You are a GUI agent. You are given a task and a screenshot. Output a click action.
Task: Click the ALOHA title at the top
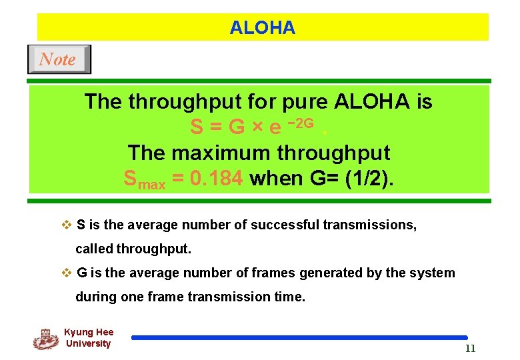click(262, 28)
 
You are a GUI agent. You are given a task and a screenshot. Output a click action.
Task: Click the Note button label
click(58, 59)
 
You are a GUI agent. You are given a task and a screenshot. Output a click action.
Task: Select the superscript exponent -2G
click(300, 123)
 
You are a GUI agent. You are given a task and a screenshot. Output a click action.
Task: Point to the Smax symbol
click(145, 179)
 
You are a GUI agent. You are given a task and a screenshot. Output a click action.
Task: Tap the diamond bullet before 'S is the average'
click(66, 225)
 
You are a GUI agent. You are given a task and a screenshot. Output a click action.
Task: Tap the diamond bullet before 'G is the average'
click(66, 273)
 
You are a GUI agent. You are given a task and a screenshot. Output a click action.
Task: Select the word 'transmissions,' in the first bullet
click(370, 225)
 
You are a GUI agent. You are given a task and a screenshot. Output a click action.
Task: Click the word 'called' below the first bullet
click(94, 249)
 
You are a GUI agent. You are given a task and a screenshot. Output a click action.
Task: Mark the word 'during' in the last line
click(96, 297)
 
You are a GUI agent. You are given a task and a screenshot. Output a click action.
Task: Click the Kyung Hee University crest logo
click(45, 339)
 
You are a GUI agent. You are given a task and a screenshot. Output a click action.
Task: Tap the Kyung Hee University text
click(89, 338)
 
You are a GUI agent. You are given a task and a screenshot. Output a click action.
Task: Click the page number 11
click(470, 349)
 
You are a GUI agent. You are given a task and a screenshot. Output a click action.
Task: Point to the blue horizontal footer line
click(299, 338)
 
